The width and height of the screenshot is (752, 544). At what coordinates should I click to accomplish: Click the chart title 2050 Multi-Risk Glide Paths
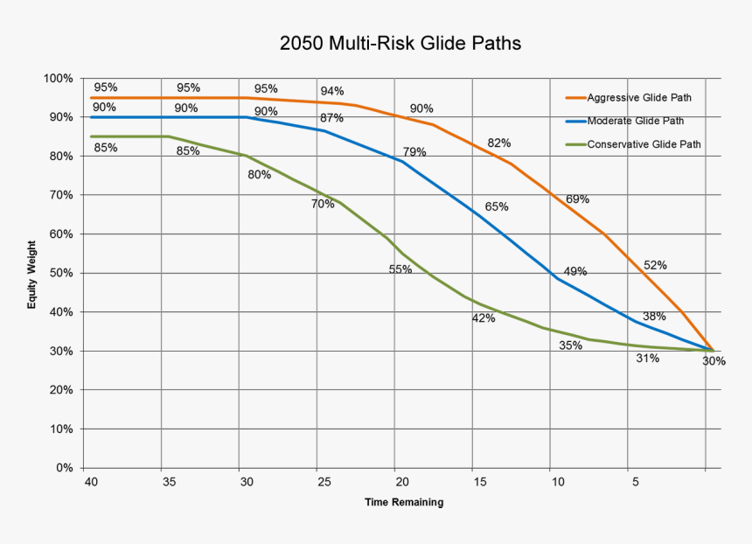[400, 43]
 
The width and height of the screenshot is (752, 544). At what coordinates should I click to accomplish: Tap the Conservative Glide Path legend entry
[644, 144]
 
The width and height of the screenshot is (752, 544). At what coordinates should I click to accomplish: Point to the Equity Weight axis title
[31, 274]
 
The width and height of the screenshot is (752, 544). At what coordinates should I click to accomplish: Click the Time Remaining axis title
[404, 502]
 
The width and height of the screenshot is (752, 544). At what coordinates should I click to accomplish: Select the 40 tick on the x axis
[90, 482]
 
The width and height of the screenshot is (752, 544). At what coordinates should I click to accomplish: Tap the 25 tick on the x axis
[324, 482]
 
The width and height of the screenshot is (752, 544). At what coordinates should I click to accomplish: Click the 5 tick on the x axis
[636, 482]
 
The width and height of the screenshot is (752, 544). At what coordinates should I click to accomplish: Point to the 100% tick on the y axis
[58, 79]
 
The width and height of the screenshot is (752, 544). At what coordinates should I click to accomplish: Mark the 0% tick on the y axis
[64, 468]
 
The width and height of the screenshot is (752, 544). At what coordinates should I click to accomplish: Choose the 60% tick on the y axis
[60, 234]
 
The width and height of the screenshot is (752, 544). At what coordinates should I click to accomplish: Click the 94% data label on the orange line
[331, 91]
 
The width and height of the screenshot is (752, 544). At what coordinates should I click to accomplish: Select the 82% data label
[498, 143]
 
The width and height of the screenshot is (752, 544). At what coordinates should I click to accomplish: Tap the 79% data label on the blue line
[414, 152]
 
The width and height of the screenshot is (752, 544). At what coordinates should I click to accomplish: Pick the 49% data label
[574, 271]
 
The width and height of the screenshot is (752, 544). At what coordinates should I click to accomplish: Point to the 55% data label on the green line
[400, 269]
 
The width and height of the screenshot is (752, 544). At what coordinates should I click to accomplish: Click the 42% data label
[484, 318]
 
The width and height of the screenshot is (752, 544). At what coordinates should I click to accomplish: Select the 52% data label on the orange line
[655, 264]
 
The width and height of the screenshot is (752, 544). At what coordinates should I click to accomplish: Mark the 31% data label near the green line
[647, 359]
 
